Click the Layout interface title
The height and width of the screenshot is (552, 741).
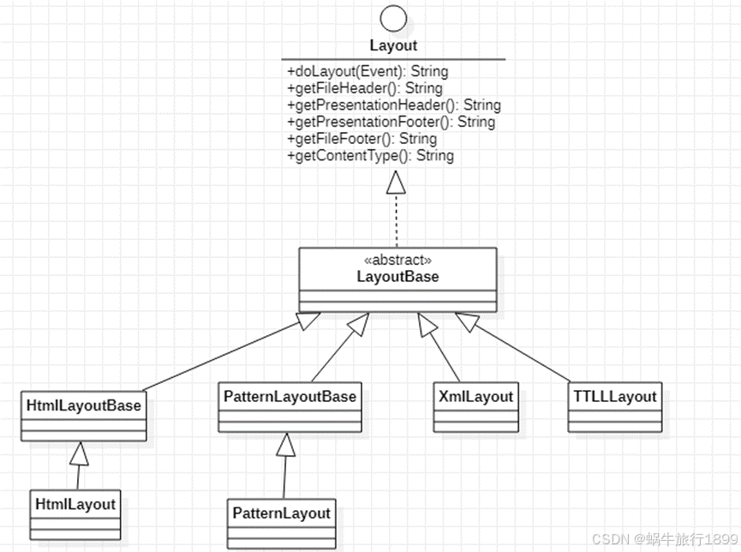[x=393, y=45]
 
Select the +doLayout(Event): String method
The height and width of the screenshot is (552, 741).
[x=368, y=71]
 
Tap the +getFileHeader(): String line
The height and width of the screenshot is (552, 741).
[x=365, y=88]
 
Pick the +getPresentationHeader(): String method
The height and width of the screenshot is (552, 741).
[x=394, y=105]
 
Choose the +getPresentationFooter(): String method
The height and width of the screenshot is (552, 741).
[x=391, y=122]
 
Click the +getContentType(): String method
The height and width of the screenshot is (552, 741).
[x=370, y=156]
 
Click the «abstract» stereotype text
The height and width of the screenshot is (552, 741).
[x=397, y=260]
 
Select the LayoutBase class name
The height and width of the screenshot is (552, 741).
[x=397, y=276]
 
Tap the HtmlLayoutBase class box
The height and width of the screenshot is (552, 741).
[x=84, y=414]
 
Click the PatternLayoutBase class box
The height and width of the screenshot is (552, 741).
[x=290, y=407]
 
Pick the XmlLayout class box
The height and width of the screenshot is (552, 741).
[x=476, y=406]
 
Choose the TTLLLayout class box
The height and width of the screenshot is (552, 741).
[x=613, y=406]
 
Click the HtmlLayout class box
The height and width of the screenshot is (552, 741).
[x=75, y=513]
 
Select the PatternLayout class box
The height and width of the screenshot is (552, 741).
[x=281, y=522]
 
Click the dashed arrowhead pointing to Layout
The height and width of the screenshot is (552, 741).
[x=394, y=181]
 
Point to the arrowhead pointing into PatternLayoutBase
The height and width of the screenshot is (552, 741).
[x=286, y=443]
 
